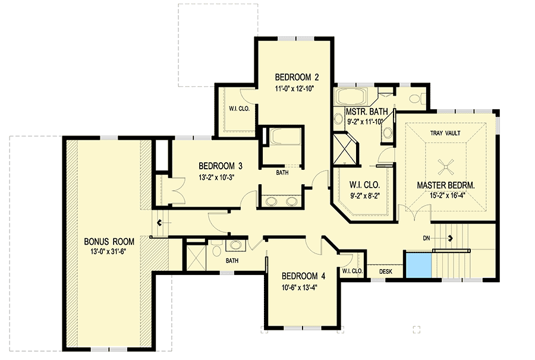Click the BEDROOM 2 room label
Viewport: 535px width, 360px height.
coord(297,77)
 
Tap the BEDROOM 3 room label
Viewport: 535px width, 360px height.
coord(221,166)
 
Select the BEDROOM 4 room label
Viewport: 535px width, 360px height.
coord(303,276)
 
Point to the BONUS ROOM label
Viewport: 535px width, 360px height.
coord(109,242)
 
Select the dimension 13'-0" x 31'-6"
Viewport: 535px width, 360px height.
coord(109,252)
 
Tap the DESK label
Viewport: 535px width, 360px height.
coord(385,271)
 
